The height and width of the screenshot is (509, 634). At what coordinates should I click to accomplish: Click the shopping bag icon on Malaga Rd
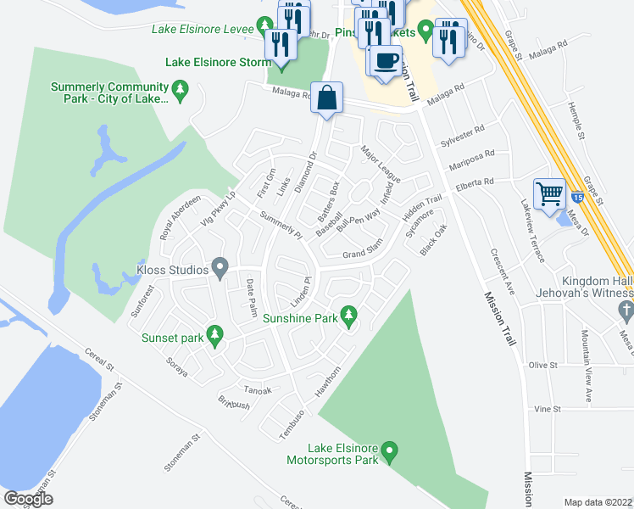point(326,98)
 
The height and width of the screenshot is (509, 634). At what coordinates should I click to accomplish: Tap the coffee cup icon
point(387,61)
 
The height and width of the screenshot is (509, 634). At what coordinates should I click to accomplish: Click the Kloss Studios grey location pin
point(220,270)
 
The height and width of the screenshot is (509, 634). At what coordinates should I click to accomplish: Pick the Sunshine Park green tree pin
point(347,316)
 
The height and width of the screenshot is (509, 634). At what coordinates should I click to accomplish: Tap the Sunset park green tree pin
point(215,336)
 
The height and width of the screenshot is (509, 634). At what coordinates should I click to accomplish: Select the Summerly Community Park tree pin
point(179,88)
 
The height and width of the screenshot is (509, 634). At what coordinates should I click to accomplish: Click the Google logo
point(29,498)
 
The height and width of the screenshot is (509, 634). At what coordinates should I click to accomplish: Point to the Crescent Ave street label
point(500,271)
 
